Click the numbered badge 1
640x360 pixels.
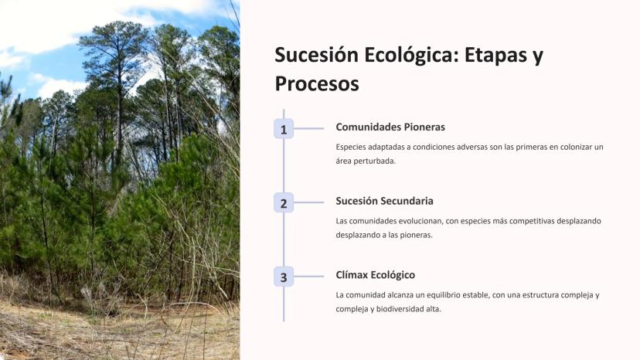tap(284, 129)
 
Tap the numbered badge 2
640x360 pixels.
tap(284, 203)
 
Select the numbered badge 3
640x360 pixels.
tap(284, 277)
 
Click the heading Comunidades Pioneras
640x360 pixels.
tap(390, 127)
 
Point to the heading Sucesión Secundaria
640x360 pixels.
tap(384, 201)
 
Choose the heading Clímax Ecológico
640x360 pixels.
tap(376, 275)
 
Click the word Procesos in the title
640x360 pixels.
tap(317, 83)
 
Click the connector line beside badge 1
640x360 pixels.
tap(309, 128)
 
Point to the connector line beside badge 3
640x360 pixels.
tap(309, 277)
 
